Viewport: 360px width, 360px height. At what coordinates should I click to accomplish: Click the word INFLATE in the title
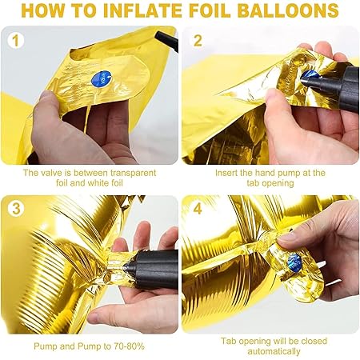[x=143, y=10]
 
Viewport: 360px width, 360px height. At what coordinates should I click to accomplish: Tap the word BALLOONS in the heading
[x=288, y=10]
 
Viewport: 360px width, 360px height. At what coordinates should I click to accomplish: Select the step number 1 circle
[x=16, y=41]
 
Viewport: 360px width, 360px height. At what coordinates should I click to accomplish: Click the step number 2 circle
[x=198, y=41]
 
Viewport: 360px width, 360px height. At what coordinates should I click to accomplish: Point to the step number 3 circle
[x=16, y=208]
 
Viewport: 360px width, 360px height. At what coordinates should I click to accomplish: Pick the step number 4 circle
[x=198, y=209]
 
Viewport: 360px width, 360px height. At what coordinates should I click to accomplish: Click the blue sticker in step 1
[x=102, y=78]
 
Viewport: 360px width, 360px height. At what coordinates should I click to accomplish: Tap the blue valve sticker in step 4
[x=294, y=262]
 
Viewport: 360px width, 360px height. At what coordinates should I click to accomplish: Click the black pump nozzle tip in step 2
[x=304, y=78]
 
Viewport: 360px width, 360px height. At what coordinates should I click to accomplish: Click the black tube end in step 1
[x=166, y=41]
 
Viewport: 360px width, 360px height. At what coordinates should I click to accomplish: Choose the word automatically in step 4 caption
[x=274, y=351]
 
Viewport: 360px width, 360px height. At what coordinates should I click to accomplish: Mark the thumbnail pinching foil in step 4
[x=287, y=236]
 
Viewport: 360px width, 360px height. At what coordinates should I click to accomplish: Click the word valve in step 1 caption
[x=51, y=173]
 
